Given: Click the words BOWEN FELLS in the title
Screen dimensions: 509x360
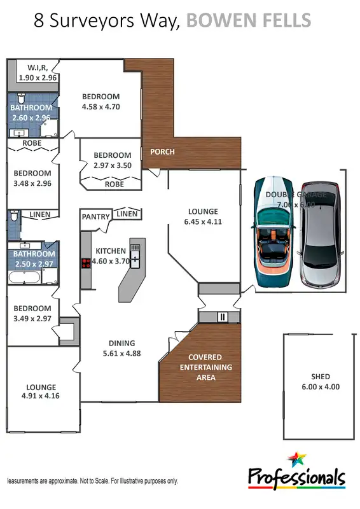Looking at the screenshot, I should click(249, 20).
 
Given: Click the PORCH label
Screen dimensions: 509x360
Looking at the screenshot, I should click(162, 152).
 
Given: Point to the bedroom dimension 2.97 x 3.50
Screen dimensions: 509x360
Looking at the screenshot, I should click(113, 165).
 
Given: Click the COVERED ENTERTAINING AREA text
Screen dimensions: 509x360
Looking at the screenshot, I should click(205, 367).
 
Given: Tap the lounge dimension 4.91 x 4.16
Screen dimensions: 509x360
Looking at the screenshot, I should click(41, 397).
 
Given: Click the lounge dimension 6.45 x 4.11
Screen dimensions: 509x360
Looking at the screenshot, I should click(203, 222).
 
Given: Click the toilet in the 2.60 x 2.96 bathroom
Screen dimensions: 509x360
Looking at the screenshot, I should click(22, 99).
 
